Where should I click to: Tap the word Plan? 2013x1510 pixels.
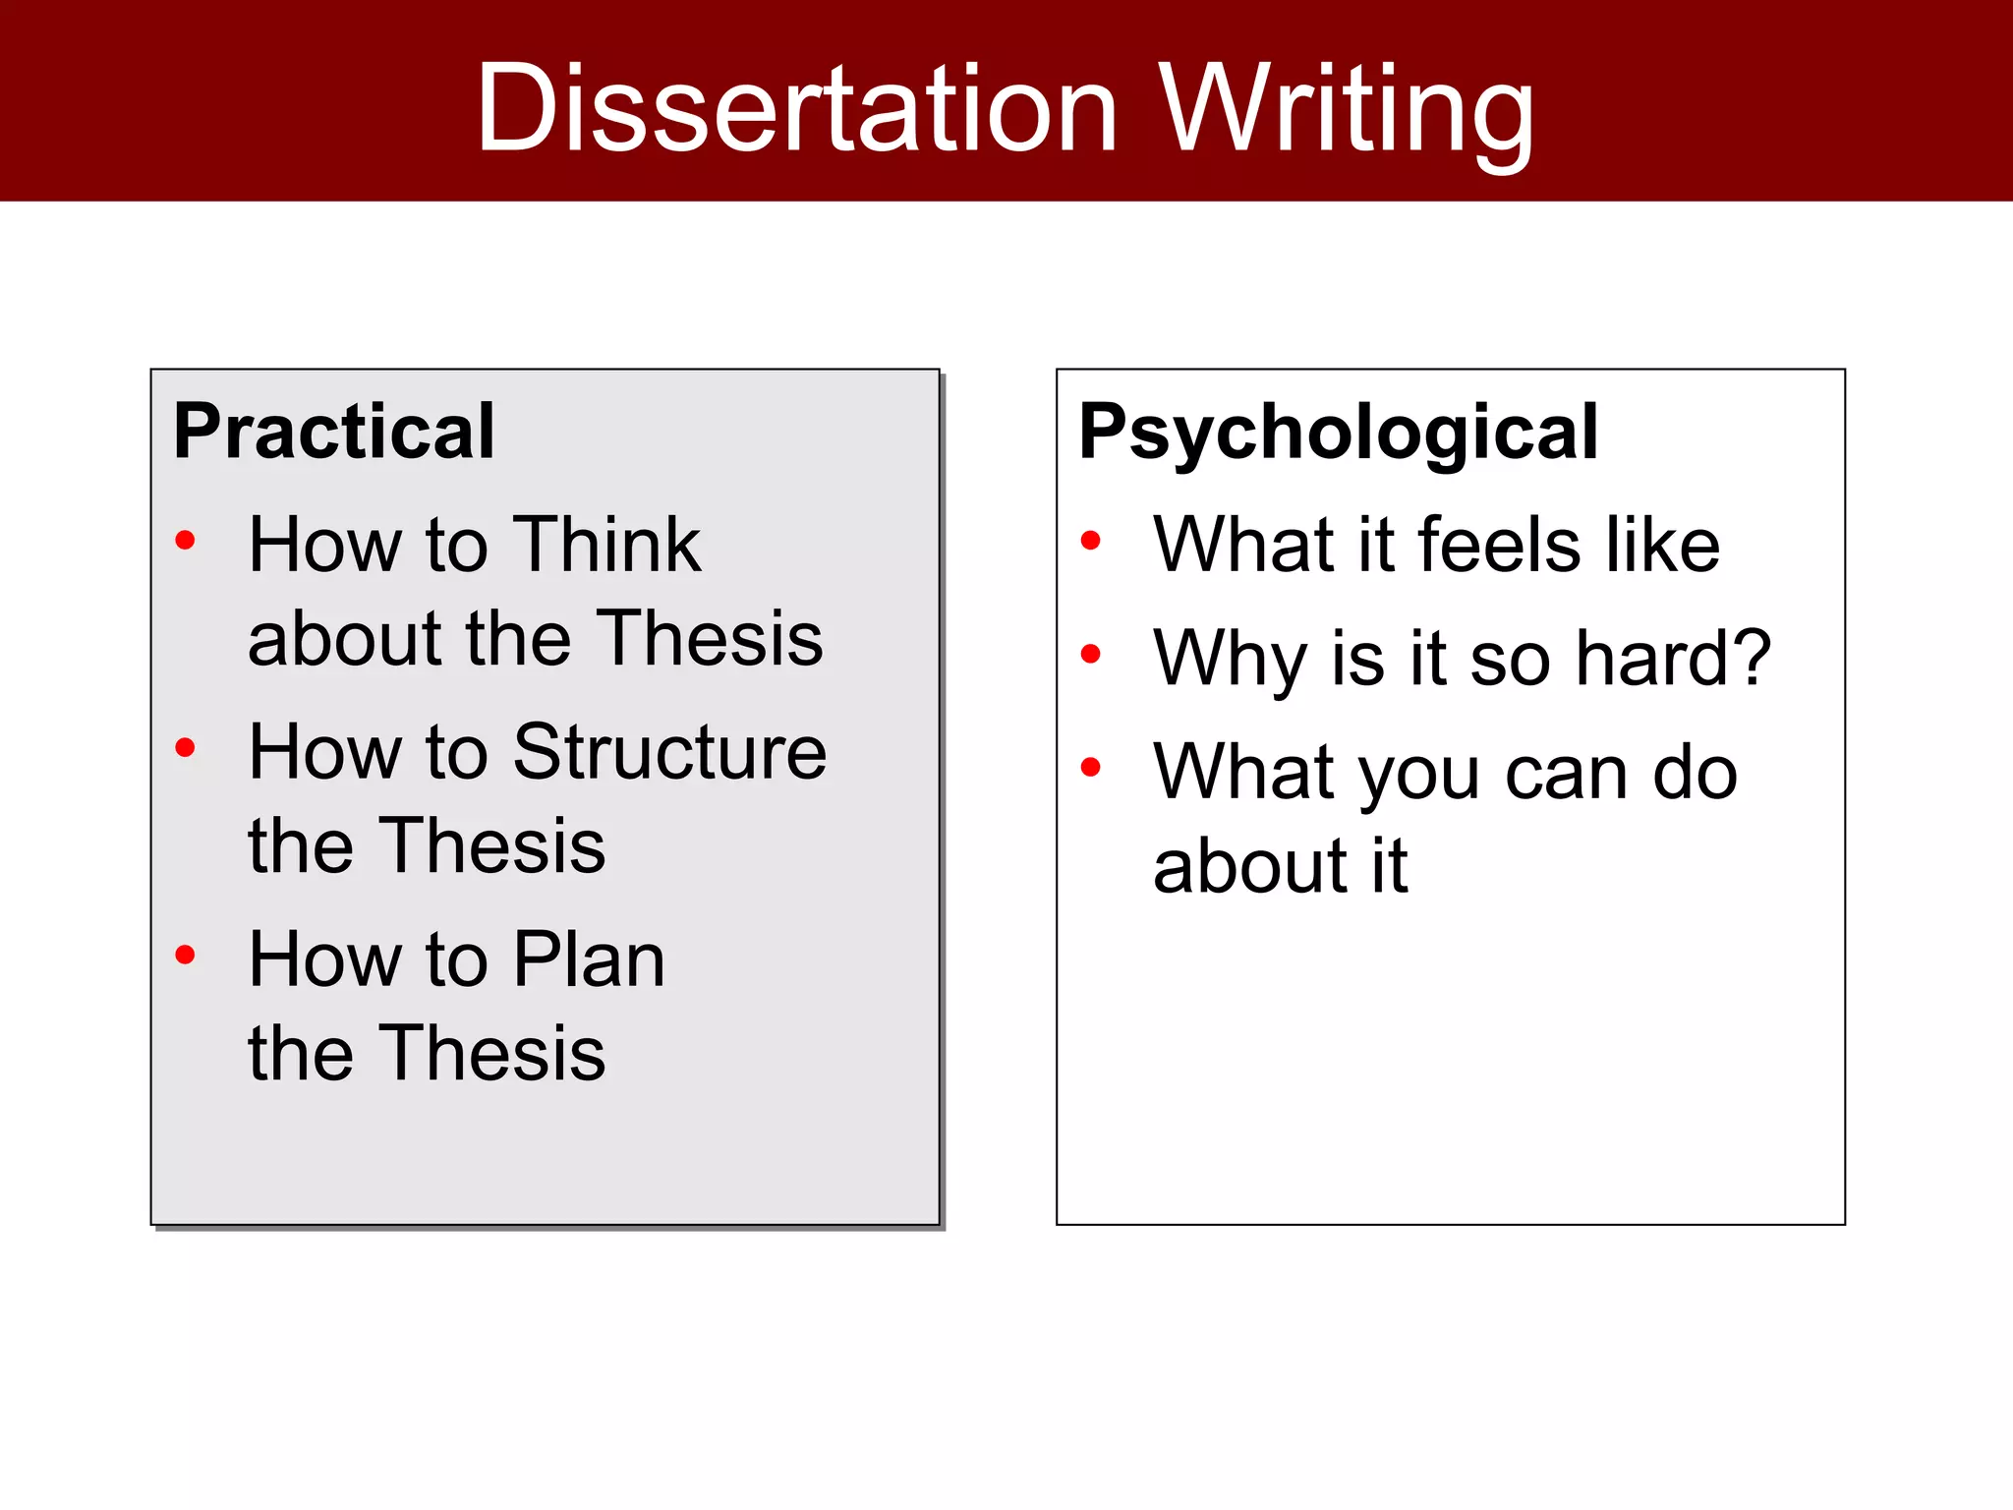coord(589,959)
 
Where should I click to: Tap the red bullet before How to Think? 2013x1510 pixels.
coord(185,540)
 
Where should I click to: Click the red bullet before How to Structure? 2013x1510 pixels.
coord(185,747)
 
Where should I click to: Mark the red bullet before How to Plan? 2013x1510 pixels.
coord(185,955)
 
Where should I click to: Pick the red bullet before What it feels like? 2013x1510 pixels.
coord(1090,540)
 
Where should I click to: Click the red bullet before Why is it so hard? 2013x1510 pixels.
coord(1090,654)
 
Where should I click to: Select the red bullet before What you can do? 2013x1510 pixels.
coord(1090,767)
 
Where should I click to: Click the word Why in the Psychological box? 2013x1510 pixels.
coord(1233,659)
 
